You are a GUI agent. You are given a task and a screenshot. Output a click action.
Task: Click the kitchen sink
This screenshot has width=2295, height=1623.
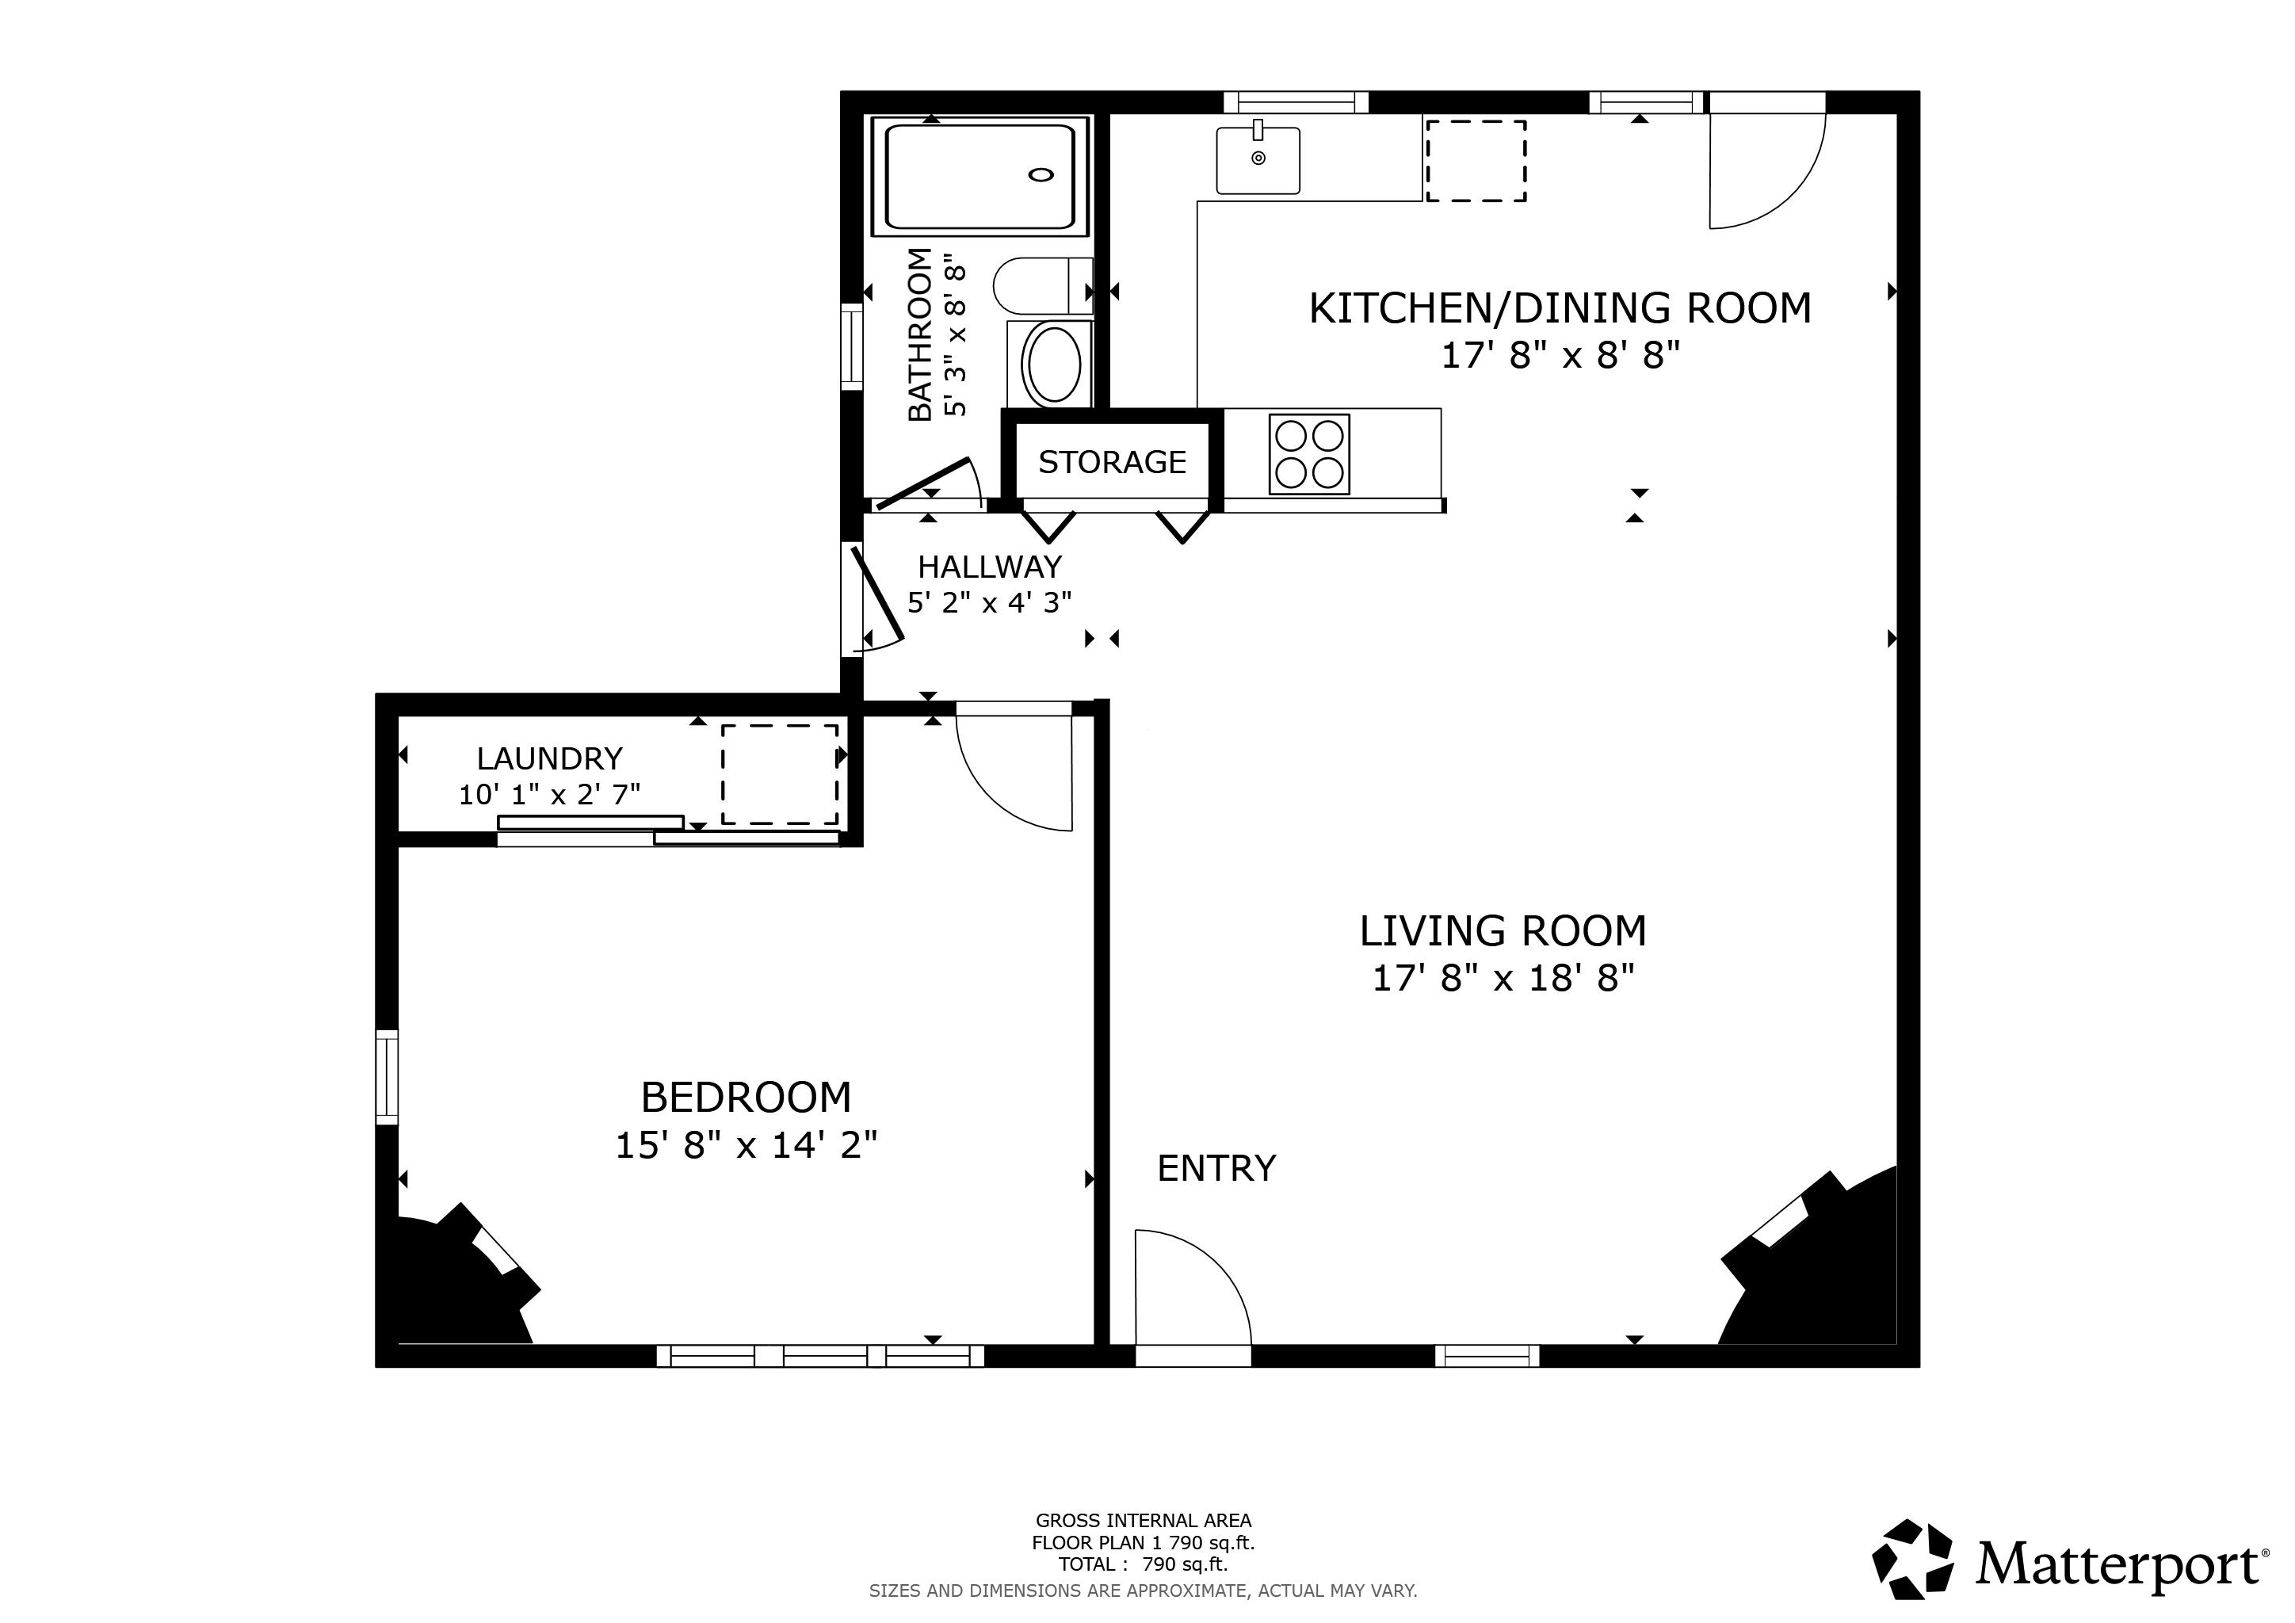1258,160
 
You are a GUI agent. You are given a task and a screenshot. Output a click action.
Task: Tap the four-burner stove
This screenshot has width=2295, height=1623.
1309,454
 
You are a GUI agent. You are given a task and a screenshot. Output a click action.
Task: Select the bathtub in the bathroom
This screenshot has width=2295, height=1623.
979,176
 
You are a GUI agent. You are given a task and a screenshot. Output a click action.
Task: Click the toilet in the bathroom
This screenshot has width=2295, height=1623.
1040,286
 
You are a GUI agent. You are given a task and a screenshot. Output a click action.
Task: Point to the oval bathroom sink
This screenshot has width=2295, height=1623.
1052,365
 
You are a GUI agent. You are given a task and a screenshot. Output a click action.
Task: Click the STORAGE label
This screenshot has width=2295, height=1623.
1112,462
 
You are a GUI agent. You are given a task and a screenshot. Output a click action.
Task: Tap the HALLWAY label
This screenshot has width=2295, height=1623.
990,567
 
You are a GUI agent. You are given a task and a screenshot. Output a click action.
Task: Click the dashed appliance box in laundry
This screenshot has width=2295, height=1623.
781,774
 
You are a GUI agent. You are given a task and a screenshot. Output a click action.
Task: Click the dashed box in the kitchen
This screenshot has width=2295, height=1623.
1476,161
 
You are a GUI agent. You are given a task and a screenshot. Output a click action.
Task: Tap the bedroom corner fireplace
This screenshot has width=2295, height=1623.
455,1284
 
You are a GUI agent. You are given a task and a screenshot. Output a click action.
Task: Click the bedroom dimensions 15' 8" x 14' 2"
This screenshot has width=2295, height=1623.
746,1145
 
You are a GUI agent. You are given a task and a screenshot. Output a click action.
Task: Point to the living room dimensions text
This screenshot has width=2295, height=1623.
1503,977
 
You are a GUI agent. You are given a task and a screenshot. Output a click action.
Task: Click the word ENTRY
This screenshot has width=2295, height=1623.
1216,1167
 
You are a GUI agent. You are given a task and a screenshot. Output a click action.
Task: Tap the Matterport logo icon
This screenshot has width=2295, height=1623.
1911,1559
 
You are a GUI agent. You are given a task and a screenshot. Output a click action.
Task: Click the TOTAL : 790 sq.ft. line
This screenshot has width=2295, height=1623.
1143,1564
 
